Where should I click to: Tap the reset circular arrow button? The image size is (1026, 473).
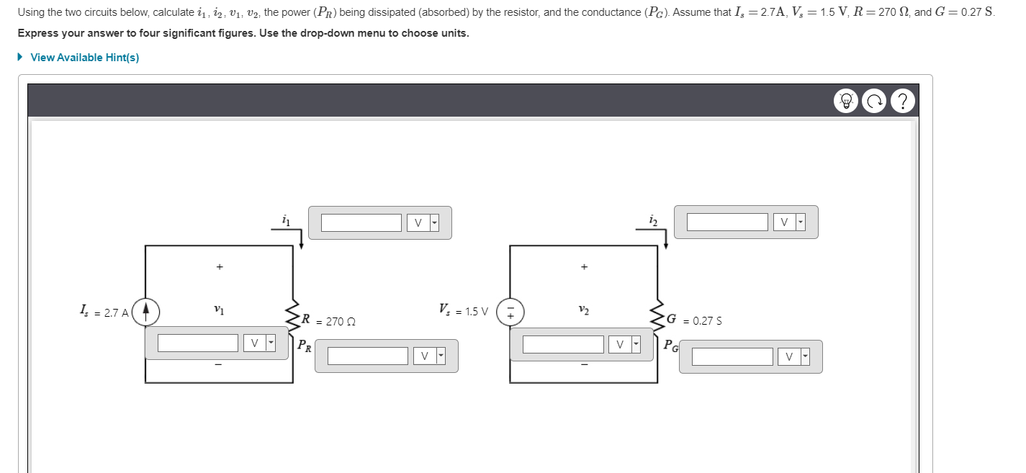(875, 101)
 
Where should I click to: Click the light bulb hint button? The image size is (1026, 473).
(847, 101)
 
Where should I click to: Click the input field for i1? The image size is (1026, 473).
(361, 223)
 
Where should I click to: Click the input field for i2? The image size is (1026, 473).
(727, 222)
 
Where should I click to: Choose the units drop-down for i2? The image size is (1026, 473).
(788, 222)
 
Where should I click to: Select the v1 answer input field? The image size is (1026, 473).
(198, 343)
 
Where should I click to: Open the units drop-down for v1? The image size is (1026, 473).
(259, 343)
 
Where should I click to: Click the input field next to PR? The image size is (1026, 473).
(368, 356)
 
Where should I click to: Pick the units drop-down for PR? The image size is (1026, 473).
(429, 356)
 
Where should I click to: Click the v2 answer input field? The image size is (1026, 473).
(563, 344)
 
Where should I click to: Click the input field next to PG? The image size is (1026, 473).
(733, 356)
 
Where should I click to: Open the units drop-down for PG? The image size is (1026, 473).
(794, 356)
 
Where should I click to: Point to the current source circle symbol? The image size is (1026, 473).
(146, 312)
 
